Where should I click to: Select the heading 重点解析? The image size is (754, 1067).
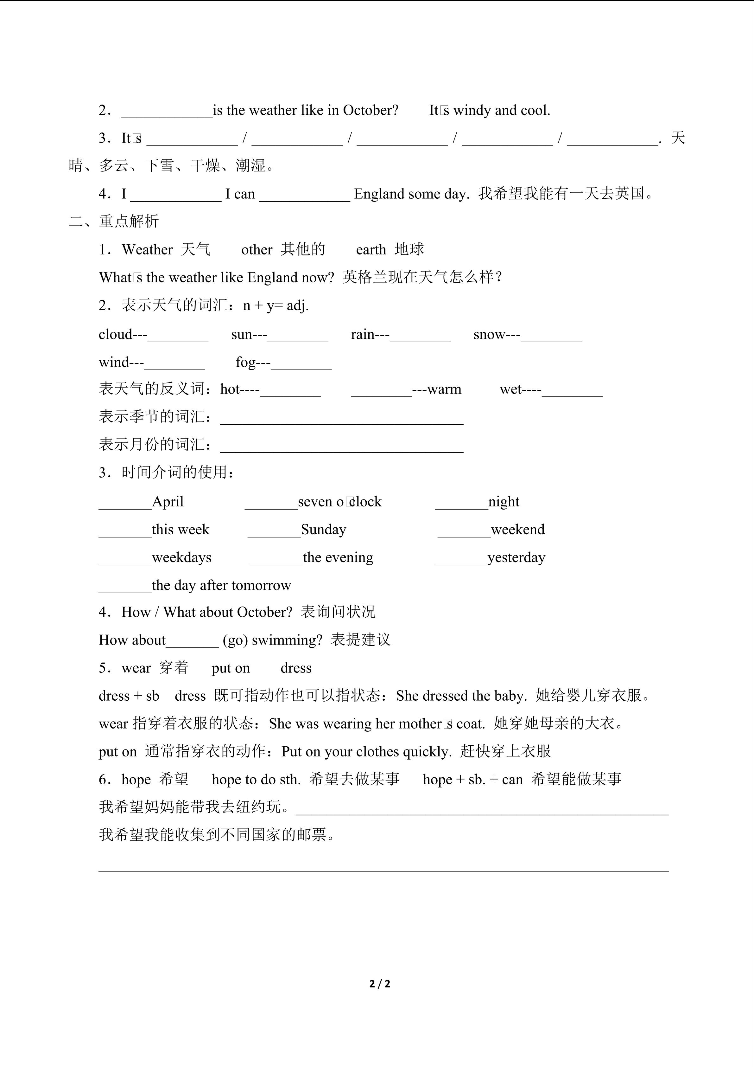click(x=129, y=221)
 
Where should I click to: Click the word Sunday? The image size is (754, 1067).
click(x=324, y=530)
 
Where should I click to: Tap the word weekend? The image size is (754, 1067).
click(x=518, y=530)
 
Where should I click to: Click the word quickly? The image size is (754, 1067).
click(x=427, y=752)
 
